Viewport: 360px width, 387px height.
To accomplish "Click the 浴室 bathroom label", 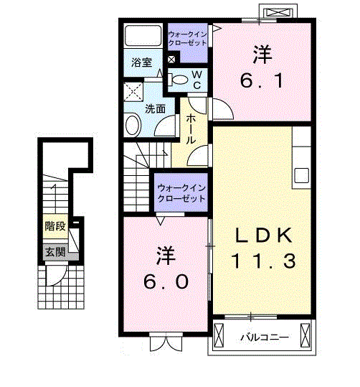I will click(x=141, y=62).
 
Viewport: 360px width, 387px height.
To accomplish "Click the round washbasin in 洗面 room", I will click(x=133, y=126).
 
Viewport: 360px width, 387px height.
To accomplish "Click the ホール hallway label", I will click(x=191, y=129).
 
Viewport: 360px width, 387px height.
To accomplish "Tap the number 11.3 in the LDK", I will click(x=262, y=261).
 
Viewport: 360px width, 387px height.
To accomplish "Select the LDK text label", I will click(x=263, y=236).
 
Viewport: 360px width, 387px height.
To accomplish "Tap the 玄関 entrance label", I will click(x=55, y=251).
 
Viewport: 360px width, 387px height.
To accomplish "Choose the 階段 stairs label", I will click(x=55, y=227).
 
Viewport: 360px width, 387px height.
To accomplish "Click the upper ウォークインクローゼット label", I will click(x=187, y=38).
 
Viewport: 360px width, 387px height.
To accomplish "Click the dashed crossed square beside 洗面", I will click(x=133, y=91).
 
